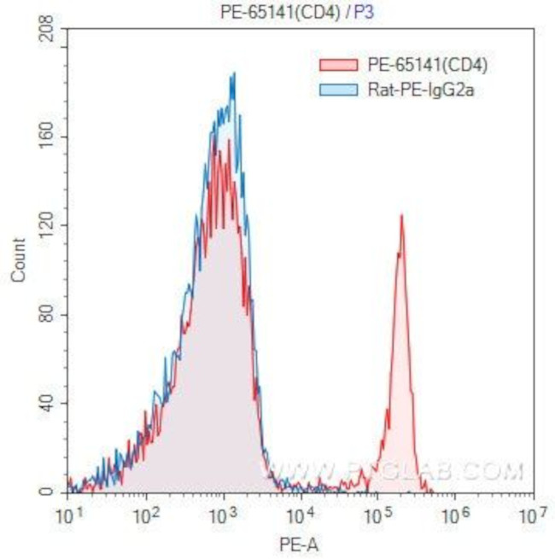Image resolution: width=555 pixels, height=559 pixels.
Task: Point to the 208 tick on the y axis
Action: [x=47, y=31]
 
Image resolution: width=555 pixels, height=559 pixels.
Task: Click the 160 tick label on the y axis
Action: [x=47, y=137]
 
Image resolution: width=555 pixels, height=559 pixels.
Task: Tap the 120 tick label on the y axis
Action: [x=47, y=225]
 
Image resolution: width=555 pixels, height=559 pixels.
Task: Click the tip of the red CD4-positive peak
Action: [x=400, y=215]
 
